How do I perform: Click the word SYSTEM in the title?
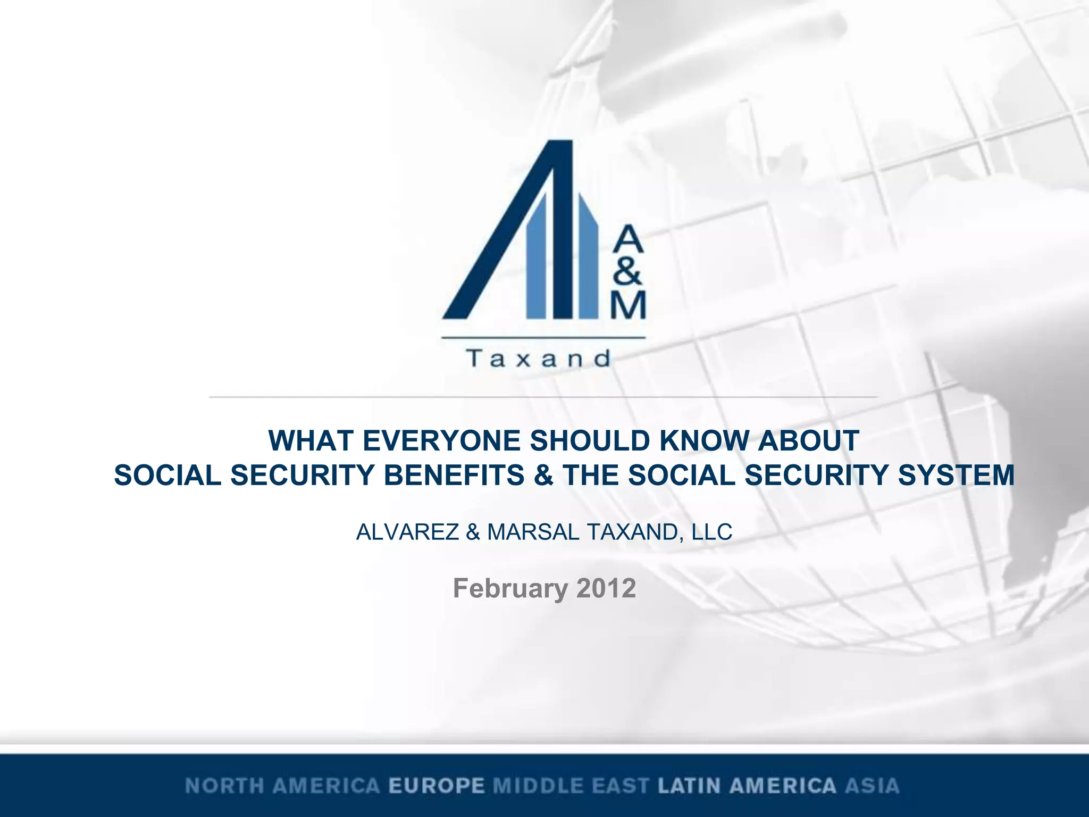pyautogui.click(x=956, y=475)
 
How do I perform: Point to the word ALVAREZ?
pyautogui.click(x=407, y=532)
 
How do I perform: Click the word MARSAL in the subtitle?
pyautogui.click(x=533, y=532)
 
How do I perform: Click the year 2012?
pyautogui.click(x=606, y=588)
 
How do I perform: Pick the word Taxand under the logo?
pyautogui.click(x=539, y=359)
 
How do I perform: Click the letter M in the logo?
pyautogui.click(x=628, y=305)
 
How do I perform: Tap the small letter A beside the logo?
pyautogui.click(x=628, y=239)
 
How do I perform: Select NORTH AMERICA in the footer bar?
pyautogui.click(x=282, y=786)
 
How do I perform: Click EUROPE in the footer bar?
pyautogui.click(x=437, y=786)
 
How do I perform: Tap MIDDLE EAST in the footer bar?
pyautogui.click(x=571, y=786)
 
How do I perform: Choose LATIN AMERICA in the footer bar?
pyautogui.click(x=747, y=786)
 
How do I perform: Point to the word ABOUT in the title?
pyautogui.click(x=808, y=441)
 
